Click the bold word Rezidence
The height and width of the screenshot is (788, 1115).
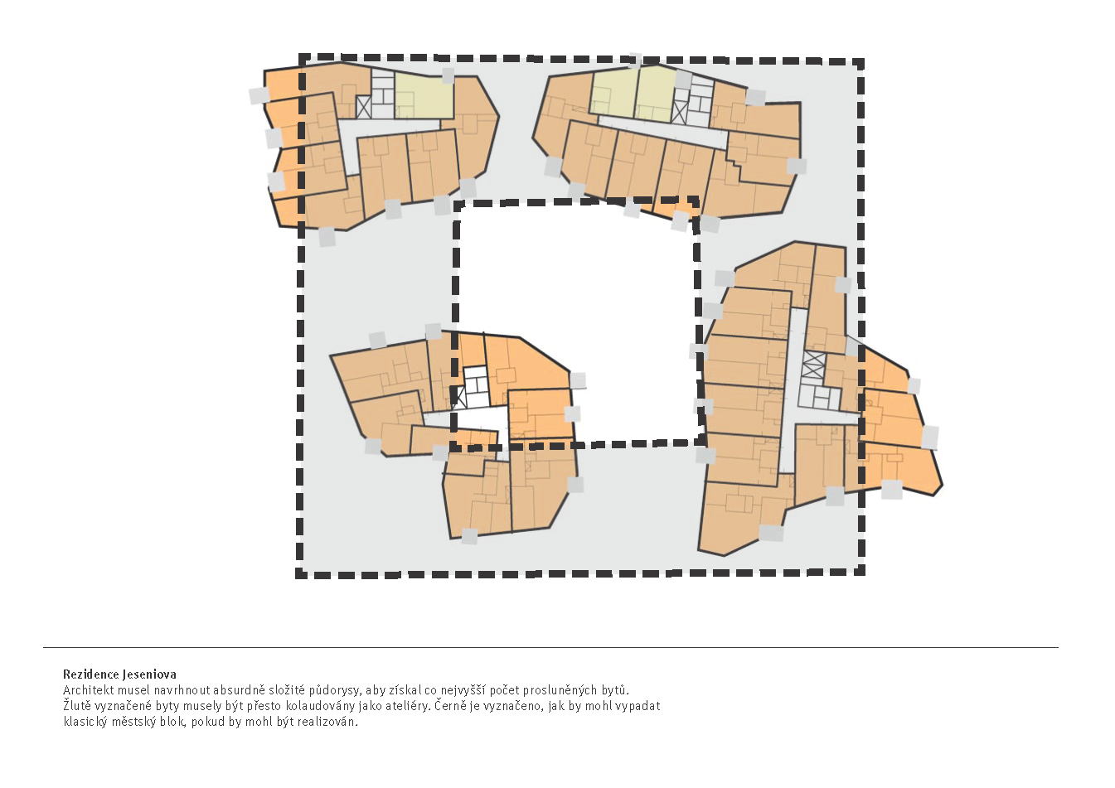point(90,674)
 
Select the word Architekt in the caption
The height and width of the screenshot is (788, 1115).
point(88,690)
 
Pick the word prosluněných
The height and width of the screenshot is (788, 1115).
point(554,690)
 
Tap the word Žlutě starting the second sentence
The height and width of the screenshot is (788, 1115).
point(77,706)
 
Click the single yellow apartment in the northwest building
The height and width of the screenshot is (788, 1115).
point(424,95)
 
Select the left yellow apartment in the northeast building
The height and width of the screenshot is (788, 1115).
point(613,91)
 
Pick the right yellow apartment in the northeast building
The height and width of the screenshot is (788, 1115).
point(656,91)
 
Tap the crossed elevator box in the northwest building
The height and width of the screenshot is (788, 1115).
point(363,107)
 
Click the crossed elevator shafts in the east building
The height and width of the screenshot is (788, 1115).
point(813,365)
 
